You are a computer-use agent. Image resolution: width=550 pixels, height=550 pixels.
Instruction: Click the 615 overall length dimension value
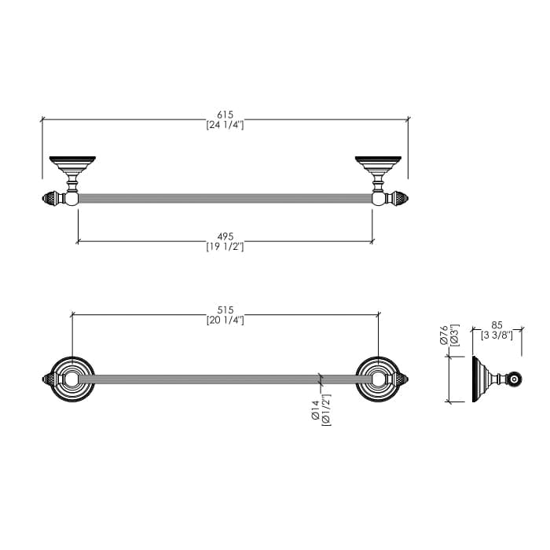(x=225, y=115)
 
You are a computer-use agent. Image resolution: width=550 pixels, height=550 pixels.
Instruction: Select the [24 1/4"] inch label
(x=225, y=125)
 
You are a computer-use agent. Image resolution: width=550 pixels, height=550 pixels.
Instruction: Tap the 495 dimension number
(x=225, y=236)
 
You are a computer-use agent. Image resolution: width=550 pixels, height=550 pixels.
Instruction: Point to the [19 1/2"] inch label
(x=225, y=247)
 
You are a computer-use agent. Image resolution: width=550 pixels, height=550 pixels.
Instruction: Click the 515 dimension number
(x=225, y=310)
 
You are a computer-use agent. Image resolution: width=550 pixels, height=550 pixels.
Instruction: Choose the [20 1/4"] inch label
(x=225, y=321)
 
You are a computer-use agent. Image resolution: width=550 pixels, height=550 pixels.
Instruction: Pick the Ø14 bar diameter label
(x=315, y=409)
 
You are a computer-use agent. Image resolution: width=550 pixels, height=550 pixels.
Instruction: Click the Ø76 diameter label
(x=444, y=335)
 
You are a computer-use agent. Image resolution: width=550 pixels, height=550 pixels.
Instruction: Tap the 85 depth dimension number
(x=497, y=325)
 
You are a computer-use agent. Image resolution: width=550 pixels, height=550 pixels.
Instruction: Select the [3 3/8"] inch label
(x=497, y=335)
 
